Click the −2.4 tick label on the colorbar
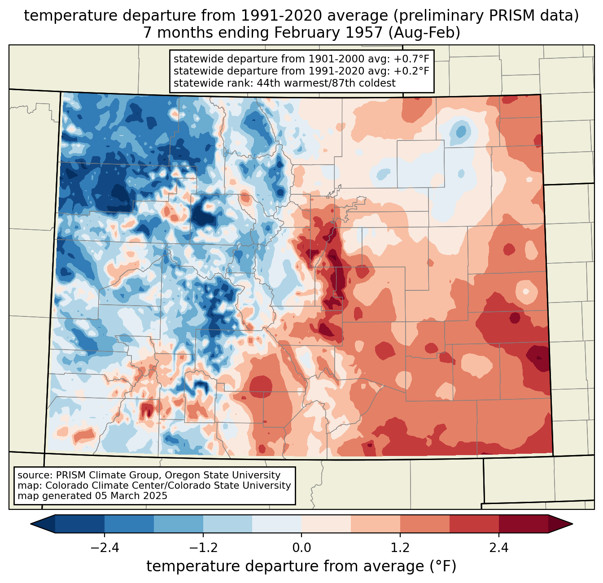pyautogui.click(x=105, y=548)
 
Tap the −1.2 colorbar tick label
pyautogui.click(x=203, y=548)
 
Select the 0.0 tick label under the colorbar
pyautogui.click(x=301, y=548)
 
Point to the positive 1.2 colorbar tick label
pyautogui.click(x=400, y=548)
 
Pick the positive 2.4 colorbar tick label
pyautogui.click(x=498, y=548)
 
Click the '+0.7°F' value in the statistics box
pyautogui.click(x=411, y=59)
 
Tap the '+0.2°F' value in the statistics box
pyautogui.click(x=411, y=71)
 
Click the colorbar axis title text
pyautogui.click(x=301, y=566)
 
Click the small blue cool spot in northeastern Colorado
pyautogui.click(x=461, y=132)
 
